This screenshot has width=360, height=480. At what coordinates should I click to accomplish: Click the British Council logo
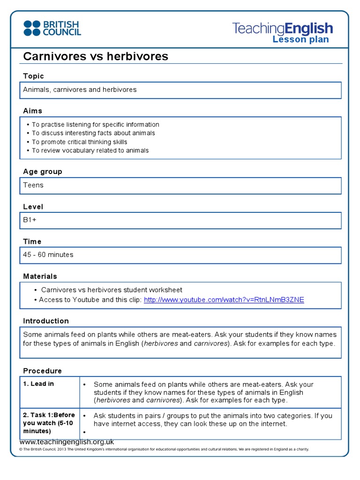52,28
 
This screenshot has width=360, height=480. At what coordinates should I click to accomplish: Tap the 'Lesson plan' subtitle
300,39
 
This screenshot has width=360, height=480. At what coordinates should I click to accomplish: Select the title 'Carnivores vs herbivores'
96,57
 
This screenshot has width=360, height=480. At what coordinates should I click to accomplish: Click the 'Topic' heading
33,76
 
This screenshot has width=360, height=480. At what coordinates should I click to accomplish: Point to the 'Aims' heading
32,111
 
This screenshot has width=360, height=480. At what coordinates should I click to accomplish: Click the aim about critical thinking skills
79,142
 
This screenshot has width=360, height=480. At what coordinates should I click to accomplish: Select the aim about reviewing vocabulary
90,150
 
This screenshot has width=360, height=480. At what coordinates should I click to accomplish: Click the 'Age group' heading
43,172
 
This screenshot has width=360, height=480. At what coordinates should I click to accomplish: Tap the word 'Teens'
33,185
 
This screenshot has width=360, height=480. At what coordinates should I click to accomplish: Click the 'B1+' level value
30,220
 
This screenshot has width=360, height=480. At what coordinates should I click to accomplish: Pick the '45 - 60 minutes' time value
48,255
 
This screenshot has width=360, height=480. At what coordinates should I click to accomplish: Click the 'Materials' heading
40,277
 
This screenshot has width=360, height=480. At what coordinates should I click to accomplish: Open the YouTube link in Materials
224,300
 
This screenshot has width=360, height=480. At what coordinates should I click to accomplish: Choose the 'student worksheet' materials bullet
112,290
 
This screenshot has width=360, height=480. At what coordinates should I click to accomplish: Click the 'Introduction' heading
46,321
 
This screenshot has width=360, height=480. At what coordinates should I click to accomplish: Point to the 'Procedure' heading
42,371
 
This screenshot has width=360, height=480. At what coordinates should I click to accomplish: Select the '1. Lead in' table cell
39,383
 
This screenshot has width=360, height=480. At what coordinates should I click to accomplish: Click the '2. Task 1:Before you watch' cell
49,423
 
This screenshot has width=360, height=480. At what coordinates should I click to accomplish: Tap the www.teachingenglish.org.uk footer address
67,442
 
